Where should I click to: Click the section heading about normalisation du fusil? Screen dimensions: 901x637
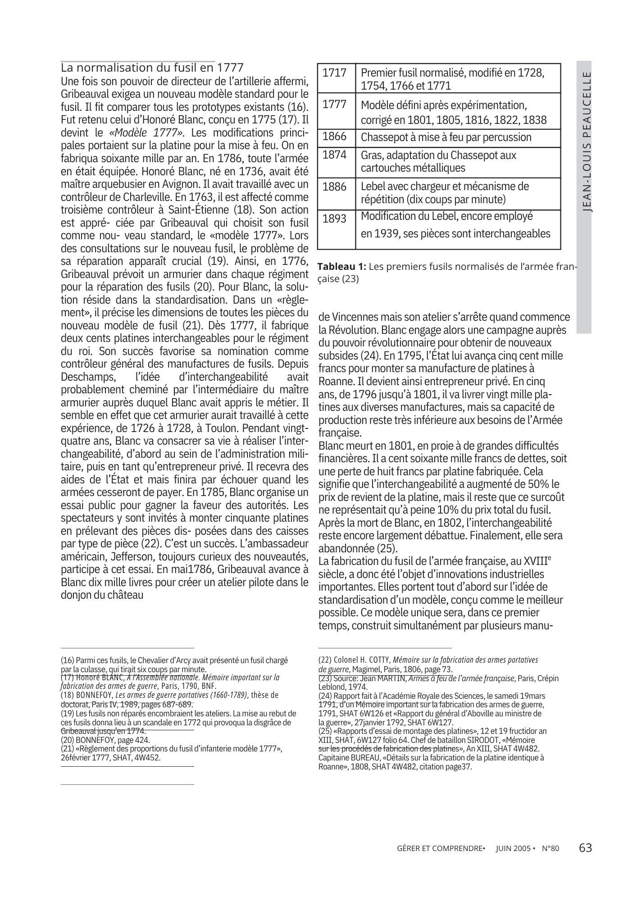click(152, 68)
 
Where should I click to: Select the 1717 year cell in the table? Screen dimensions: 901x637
click(335, 73)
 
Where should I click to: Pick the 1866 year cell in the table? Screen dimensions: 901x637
click(335, 137)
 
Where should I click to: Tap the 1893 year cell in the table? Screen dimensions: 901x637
click(335, 218)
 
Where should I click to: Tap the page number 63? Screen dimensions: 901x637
click(585, 848)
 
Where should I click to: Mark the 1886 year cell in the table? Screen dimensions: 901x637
click(335, 187)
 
